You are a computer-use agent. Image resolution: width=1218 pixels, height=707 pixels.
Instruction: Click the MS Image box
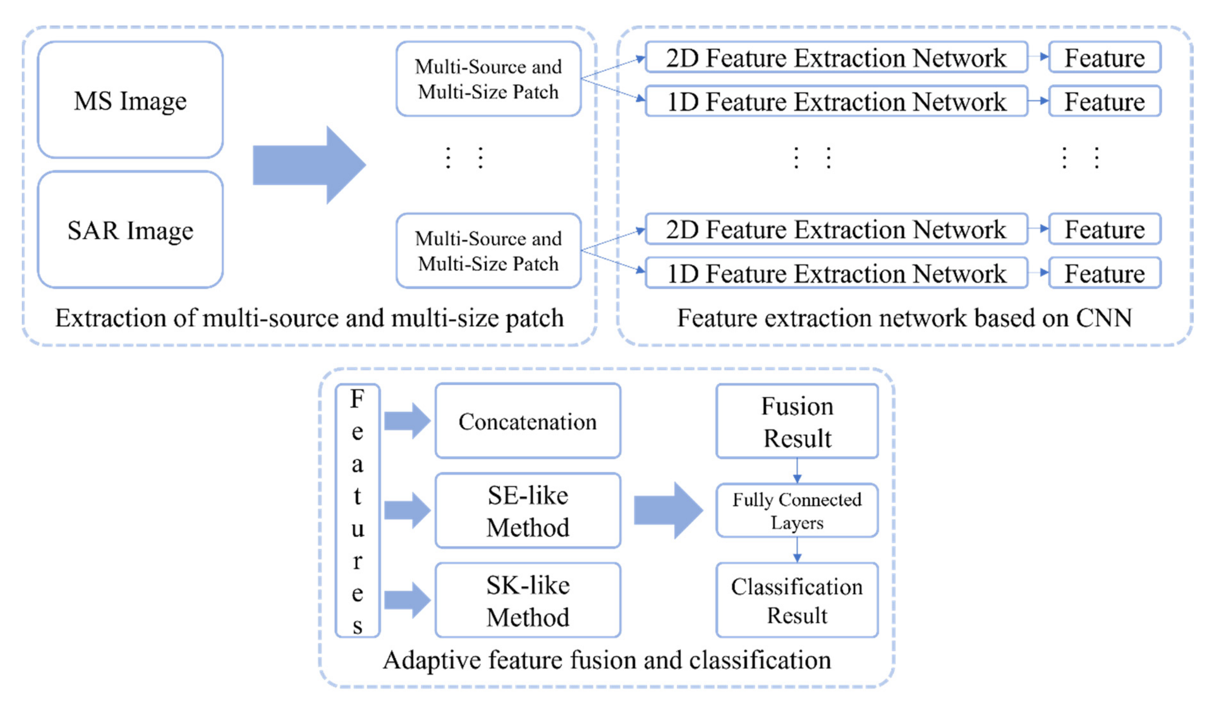130,100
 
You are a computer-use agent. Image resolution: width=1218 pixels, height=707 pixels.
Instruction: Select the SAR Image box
130,230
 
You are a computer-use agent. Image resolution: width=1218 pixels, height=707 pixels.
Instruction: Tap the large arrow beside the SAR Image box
309,165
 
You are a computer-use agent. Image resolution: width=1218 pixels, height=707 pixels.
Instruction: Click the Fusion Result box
797,421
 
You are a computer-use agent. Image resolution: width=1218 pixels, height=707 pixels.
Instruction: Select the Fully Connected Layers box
797,510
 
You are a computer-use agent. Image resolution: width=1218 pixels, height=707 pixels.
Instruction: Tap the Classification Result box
797,600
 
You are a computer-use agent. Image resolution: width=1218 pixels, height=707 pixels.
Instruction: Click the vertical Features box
358,511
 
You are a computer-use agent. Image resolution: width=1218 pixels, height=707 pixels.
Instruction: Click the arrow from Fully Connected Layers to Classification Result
797,550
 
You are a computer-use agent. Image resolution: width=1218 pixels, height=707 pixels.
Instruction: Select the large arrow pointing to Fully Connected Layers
668,510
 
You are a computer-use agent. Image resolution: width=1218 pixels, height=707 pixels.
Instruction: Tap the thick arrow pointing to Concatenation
407,421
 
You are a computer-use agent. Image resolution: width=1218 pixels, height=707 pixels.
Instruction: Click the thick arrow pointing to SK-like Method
407,600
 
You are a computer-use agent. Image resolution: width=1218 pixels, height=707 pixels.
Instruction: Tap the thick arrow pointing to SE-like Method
407,511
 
